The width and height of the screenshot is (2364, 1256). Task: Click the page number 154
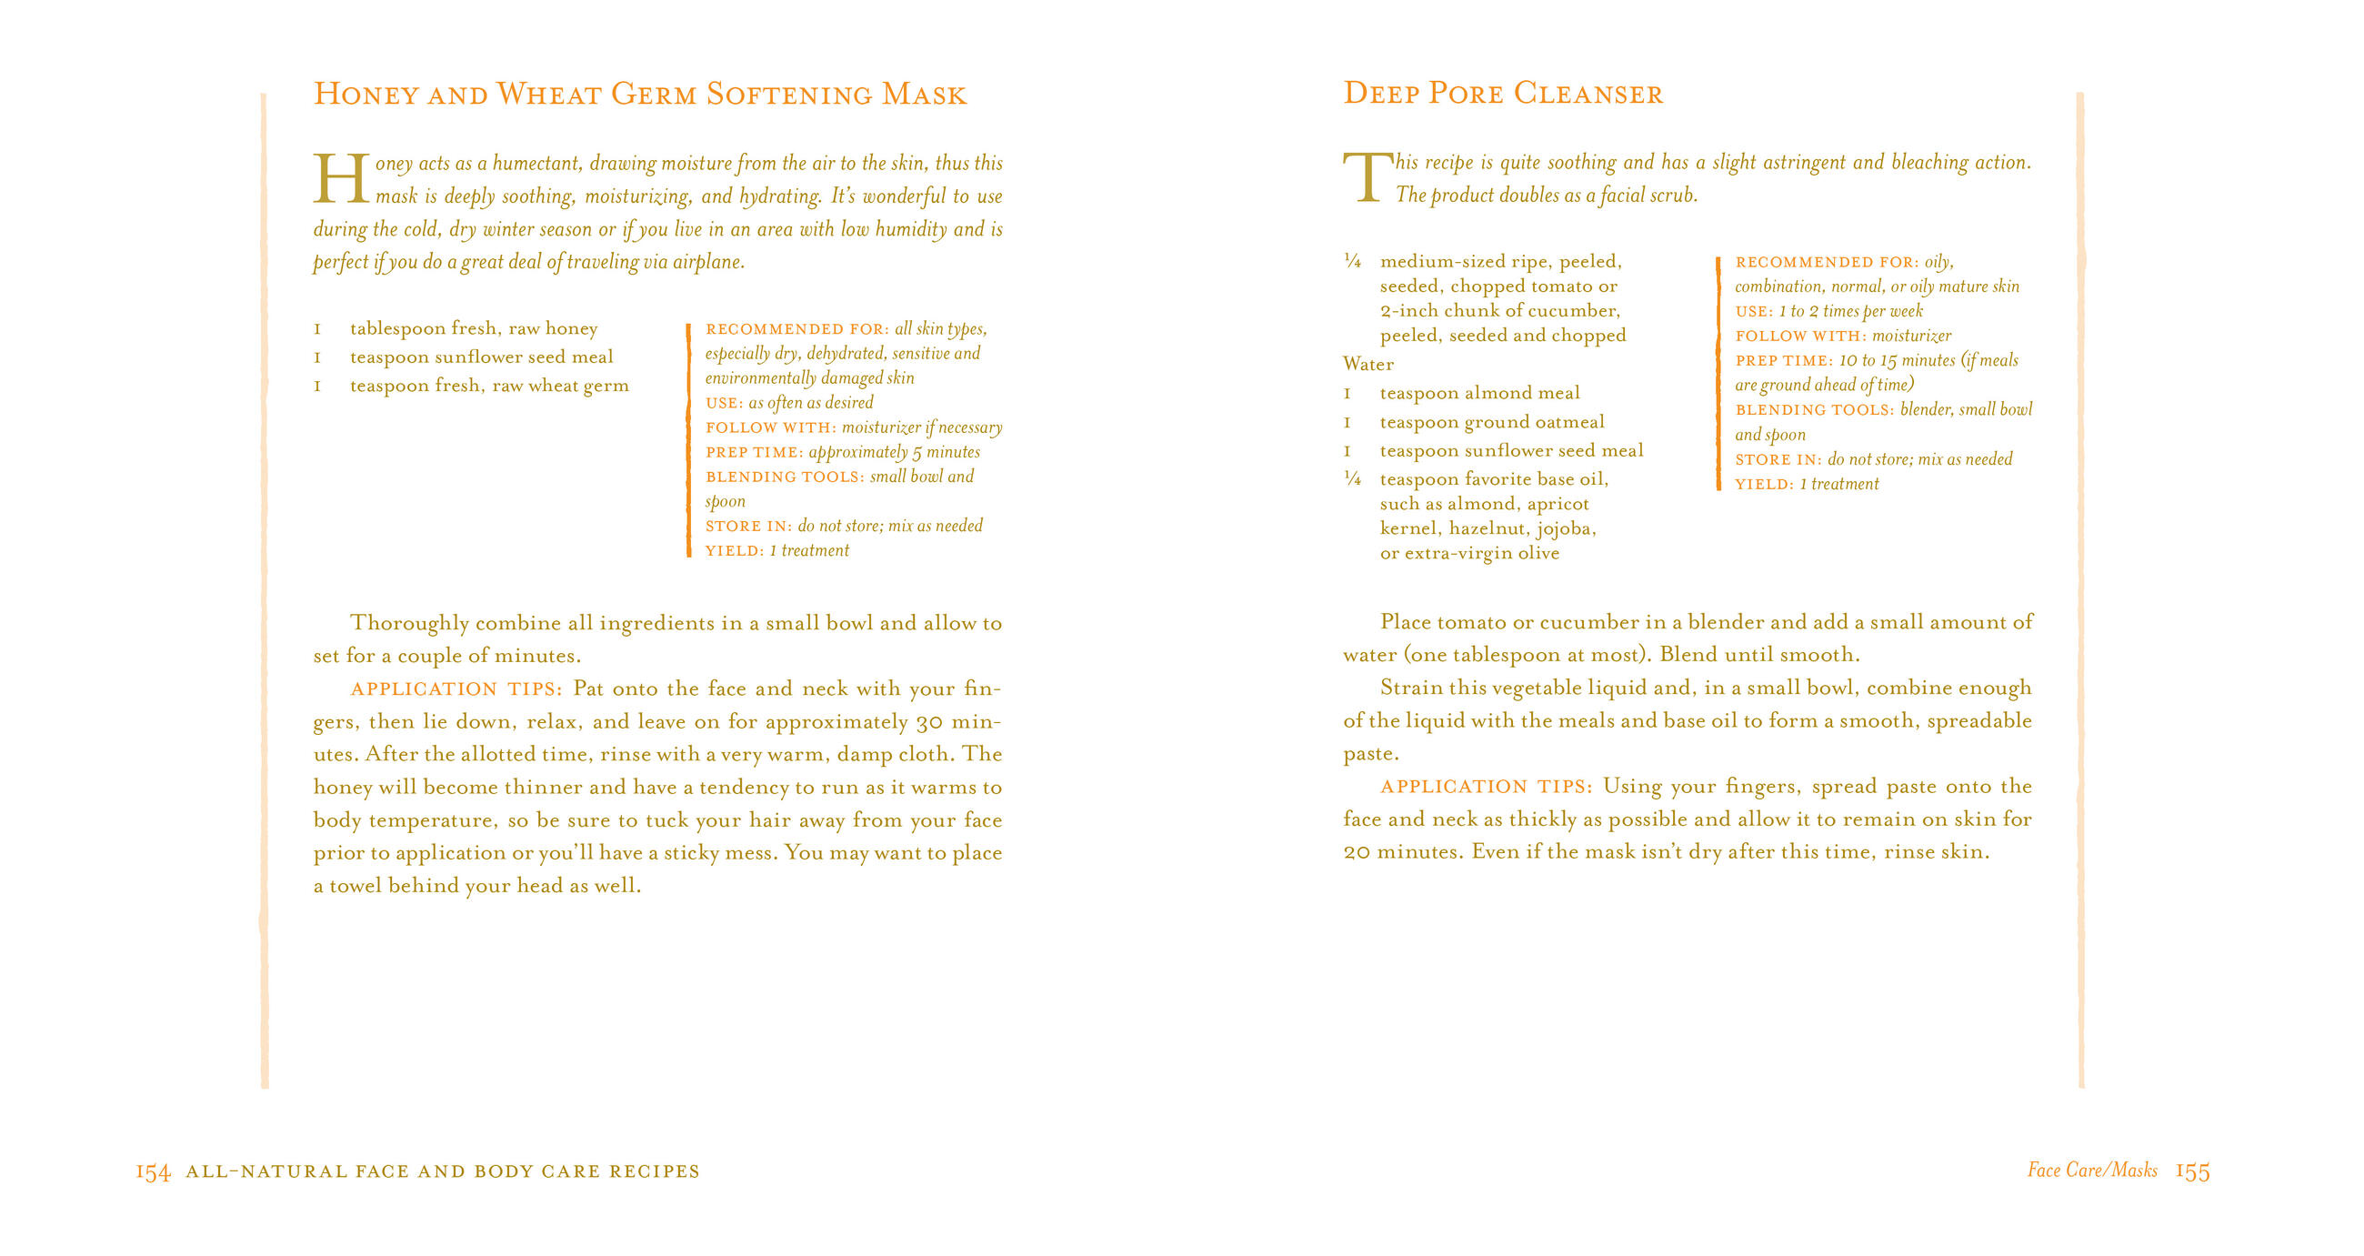point(153,1171)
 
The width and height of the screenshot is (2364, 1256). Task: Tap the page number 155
point(2192,1171)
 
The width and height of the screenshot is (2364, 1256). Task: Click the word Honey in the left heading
point(366,95)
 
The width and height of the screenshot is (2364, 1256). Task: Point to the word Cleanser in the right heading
point(1588,94)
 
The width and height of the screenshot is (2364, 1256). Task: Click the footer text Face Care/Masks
point(2092,1170)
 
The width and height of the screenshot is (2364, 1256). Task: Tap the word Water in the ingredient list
point(1367,365)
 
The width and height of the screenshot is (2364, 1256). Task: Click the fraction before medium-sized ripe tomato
point(1352,262)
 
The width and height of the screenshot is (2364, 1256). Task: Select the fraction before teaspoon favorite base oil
point(1352,478)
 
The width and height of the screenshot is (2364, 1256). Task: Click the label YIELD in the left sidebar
point(732,551)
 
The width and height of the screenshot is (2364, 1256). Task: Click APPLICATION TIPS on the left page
point(456,689)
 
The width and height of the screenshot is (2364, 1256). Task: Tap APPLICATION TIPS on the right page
point(1487,787)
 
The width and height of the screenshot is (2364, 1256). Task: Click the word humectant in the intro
point(536,164)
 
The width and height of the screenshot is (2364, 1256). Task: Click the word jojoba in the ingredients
point(1566,528)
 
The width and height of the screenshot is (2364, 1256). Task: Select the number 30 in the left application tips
point(928,722)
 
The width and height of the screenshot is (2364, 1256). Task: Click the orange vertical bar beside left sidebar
point(688,440)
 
